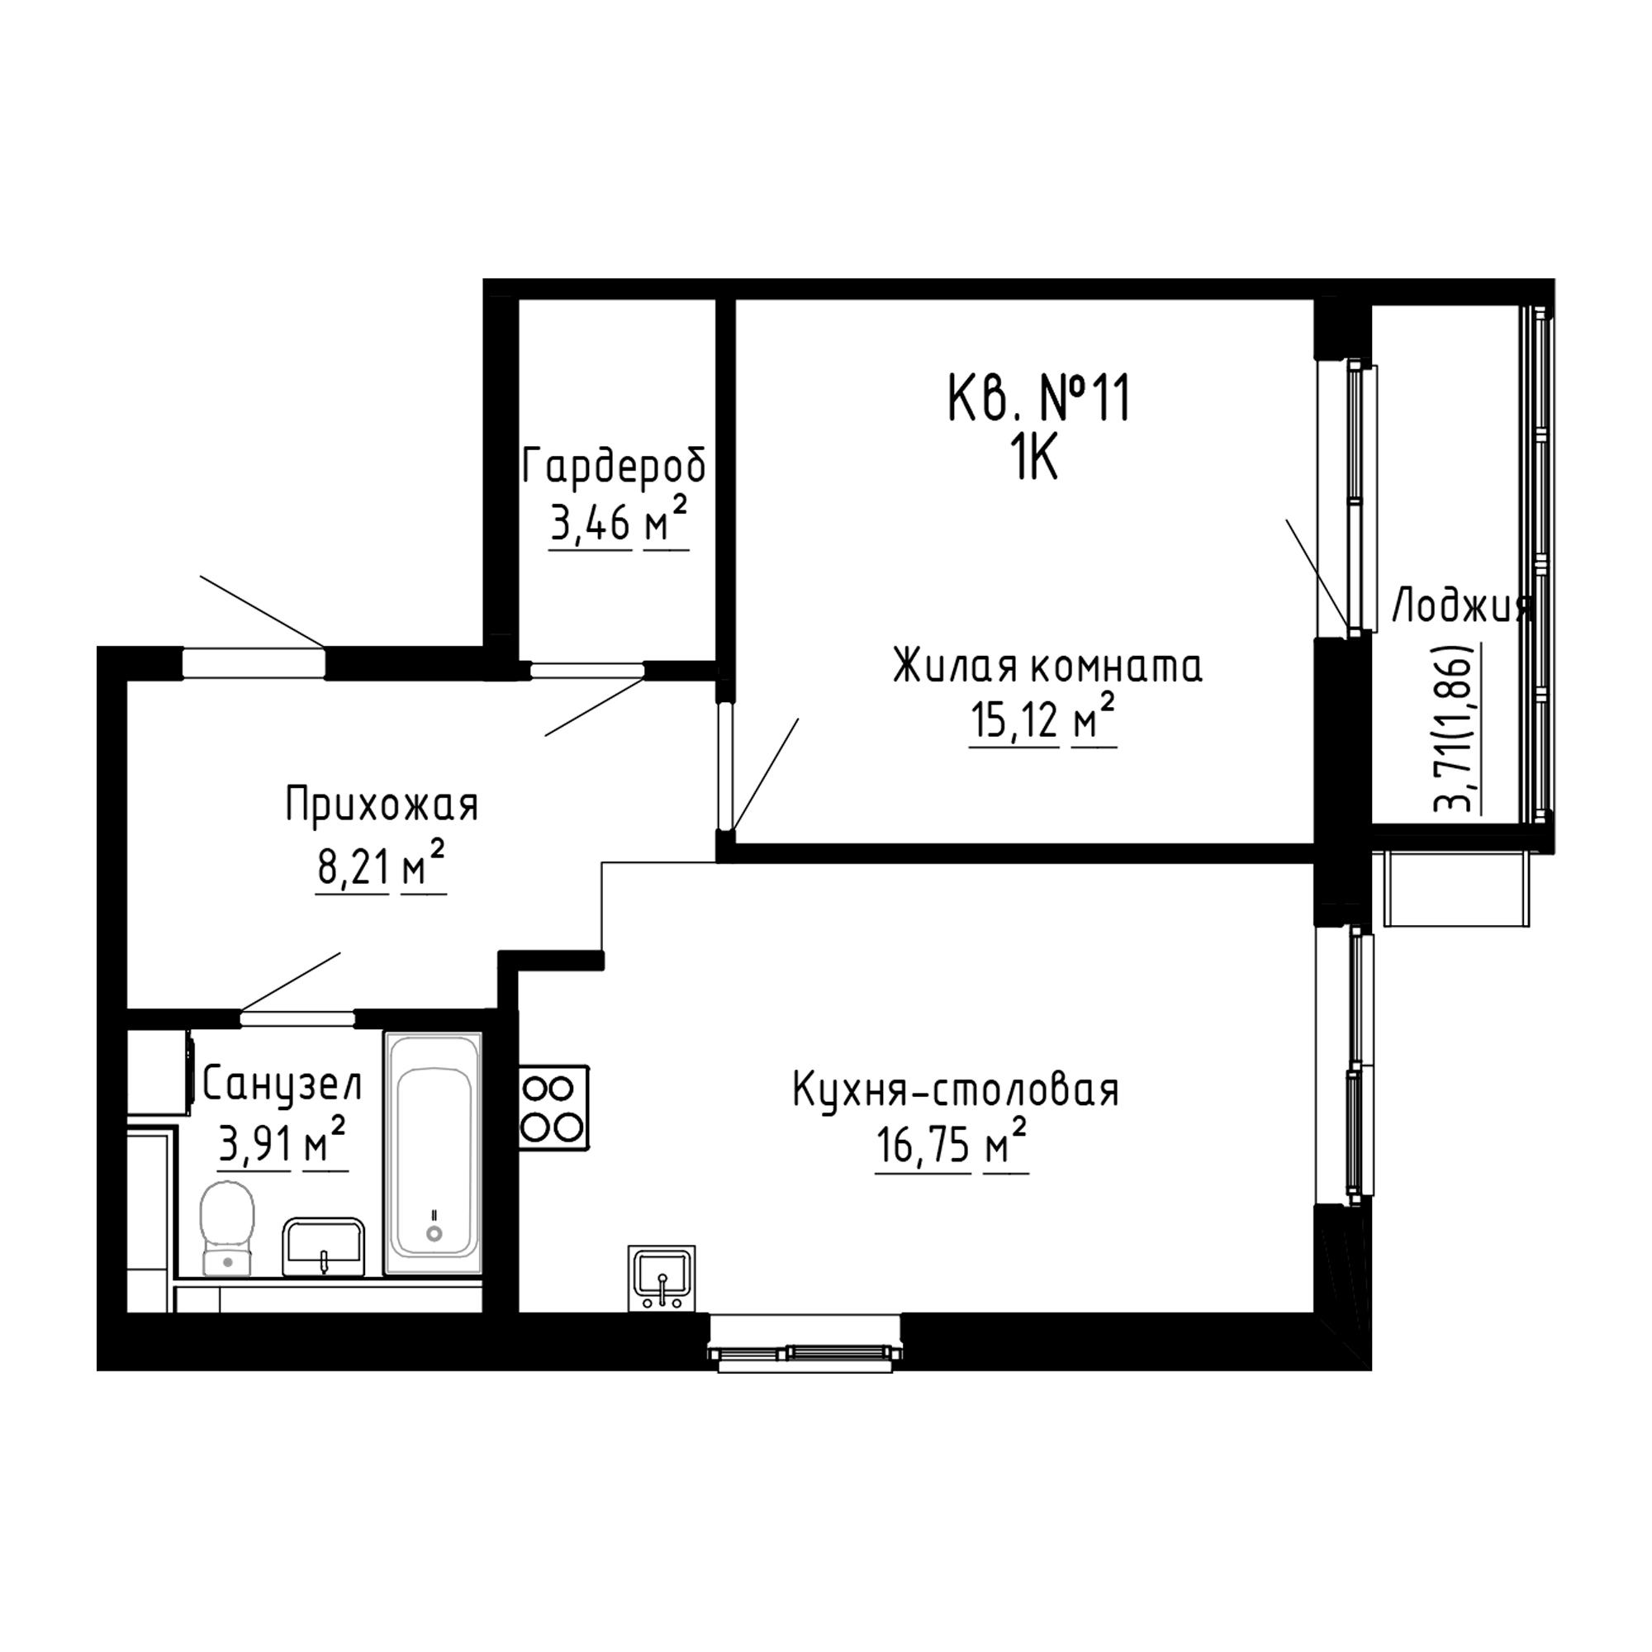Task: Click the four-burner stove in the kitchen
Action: click(554, 1108)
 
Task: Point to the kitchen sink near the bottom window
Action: click(662, 1278)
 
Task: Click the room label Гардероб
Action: click(615, 467)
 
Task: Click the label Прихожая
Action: click(382, 805)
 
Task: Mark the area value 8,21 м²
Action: click(382, 867)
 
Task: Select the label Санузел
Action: click(283, 1086)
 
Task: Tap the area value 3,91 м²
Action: click(283, 1144)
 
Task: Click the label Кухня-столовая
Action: click(956, 1092)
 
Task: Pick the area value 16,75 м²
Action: click(952, 1146)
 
